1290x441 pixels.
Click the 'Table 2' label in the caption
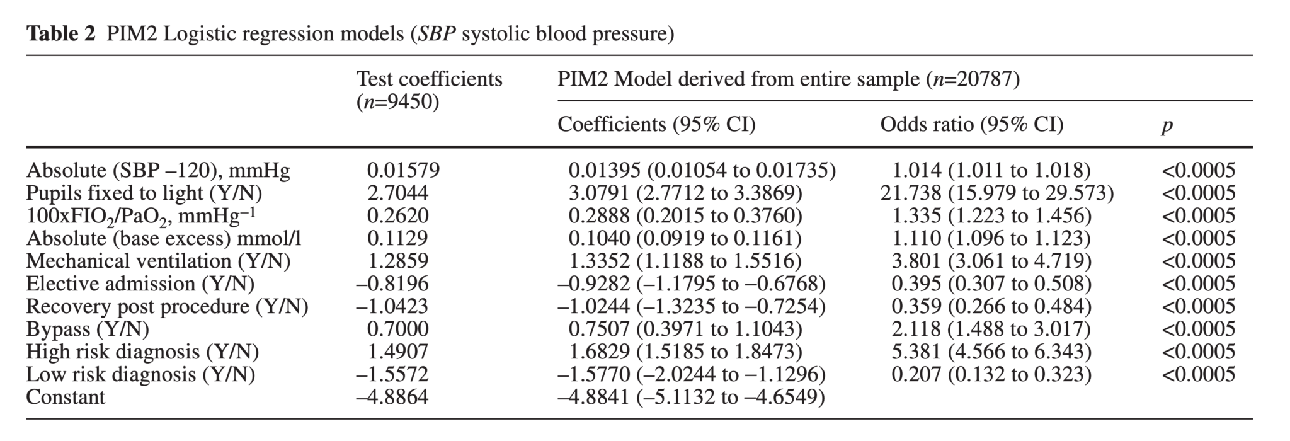click(60, 33)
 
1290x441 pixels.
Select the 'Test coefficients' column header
click(429, 79)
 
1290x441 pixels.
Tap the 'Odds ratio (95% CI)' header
click(971, 125)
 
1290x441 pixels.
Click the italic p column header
click(1167, 126)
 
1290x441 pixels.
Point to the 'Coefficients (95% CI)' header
click(656, 125)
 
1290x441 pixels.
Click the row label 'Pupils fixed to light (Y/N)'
click(144, 193)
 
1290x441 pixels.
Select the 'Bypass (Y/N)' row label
click(88, 329)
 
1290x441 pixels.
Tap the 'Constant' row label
click(66, 397)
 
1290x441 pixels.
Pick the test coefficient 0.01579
click(403, 170)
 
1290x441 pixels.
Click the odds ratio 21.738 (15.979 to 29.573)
click(996, 193)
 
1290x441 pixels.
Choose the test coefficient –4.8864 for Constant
click(392, 397)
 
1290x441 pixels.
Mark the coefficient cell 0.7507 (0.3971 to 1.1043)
click(685, 329)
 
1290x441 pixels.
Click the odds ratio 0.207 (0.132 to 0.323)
click(991, 374)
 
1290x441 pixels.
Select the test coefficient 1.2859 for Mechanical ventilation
click(397, 261)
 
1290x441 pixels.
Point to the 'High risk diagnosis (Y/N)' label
click(142, 352)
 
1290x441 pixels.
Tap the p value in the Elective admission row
click(1198, 283)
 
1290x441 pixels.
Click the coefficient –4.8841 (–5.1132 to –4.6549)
click(690, 397)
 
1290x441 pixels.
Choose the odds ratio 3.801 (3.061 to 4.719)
click(991, 261)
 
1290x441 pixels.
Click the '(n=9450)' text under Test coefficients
click(397, 102)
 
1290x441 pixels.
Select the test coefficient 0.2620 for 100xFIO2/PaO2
click(397, 215)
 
